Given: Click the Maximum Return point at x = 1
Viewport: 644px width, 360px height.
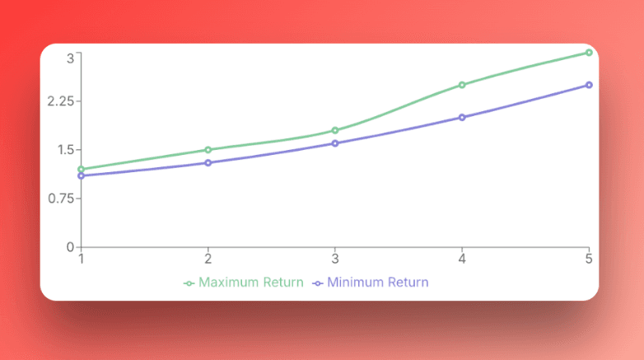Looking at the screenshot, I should (81, 170).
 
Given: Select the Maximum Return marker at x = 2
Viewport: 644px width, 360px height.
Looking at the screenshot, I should (208, 150).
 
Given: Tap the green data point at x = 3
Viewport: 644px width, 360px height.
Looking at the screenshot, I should (335, 130).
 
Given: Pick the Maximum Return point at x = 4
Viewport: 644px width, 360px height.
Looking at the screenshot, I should (462, 85).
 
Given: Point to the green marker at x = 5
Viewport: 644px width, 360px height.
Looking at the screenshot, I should (589, 53).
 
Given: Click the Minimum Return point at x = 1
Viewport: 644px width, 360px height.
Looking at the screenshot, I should (81, 175).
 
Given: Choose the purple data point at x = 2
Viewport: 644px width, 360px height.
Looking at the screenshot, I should (208, 163).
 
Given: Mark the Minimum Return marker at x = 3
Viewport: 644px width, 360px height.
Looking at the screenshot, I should (335, 143).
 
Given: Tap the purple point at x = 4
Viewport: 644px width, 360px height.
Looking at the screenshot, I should (462, 117).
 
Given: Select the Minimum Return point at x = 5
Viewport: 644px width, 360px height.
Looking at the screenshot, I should (589, 85).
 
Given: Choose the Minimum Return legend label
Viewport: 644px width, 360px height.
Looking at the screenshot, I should (377, 282).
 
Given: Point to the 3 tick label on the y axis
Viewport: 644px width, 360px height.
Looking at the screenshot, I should (71, 58).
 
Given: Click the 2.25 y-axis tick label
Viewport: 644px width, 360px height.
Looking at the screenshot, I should (58, 101).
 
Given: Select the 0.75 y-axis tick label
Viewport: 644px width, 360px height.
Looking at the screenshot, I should (58, 199).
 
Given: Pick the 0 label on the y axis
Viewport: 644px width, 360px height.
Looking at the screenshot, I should (71, 247).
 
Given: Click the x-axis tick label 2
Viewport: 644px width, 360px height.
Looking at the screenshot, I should (208, 259).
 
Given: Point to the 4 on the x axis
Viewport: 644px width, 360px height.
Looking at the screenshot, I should (462, 259).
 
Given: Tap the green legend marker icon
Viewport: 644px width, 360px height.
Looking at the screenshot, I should (189, 283).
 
